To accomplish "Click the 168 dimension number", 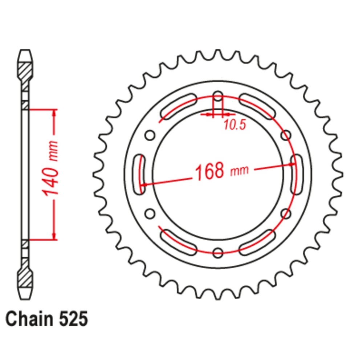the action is [x=210, y=172].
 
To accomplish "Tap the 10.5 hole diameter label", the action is [x=234, y=125].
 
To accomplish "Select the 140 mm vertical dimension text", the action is [x=50, y=168].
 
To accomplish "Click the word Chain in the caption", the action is [x=29, y=319].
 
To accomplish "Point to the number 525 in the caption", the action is [x=73, y=319].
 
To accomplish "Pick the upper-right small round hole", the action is [x=286, y=135].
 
